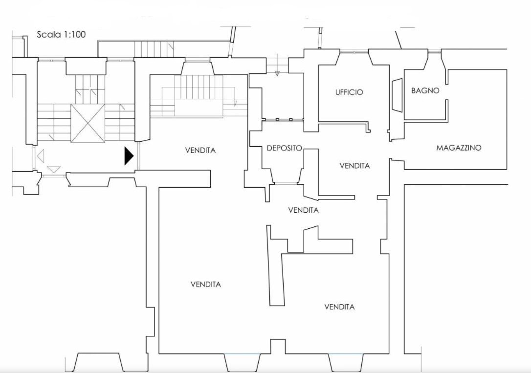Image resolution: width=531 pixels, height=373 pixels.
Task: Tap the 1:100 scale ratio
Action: click(74, 35)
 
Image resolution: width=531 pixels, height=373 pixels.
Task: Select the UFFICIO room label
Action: click(349, 92)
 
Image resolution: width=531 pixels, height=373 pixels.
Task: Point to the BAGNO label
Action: click(425, 90)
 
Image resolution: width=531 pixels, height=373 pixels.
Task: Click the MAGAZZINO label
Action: click(459, 148)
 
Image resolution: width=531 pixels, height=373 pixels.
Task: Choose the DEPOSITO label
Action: click(285, 148)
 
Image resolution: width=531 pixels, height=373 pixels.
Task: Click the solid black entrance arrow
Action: click(129, 155)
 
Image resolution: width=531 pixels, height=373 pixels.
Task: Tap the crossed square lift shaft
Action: click(88, 123)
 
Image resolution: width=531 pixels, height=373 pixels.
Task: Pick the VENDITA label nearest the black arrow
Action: click(200, 150)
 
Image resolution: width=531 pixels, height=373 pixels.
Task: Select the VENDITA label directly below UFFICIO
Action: click(355, 166)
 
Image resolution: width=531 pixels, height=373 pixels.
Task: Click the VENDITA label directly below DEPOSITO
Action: click(304, 210)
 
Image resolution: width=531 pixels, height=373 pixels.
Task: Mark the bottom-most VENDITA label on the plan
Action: click(340, 307)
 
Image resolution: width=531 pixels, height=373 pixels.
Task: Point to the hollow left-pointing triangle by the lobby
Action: click(41, 155)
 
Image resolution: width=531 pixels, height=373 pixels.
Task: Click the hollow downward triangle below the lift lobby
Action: click(53, 169)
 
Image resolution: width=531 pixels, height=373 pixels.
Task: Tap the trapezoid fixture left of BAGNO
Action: click(397, 95)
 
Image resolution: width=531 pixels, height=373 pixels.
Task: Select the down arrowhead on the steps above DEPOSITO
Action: click(277, 73)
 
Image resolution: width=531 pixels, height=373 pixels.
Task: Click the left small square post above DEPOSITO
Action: click(277, 119)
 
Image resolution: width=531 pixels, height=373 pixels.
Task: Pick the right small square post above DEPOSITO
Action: click(291, 119)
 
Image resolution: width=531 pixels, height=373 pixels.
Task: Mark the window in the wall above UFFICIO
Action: click(354, 52)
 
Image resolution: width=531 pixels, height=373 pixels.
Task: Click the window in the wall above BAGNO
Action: click(434, 52)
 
